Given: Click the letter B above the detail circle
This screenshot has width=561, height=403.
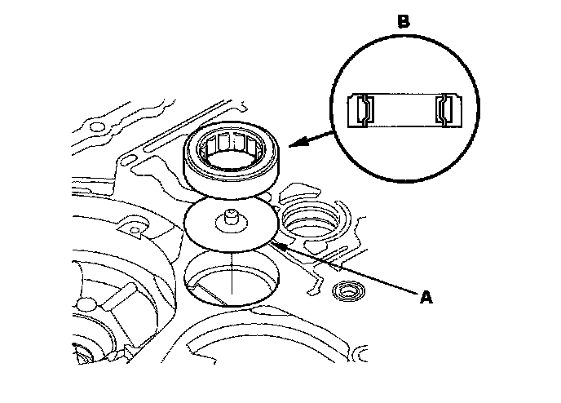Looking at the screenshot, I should click(403, 22).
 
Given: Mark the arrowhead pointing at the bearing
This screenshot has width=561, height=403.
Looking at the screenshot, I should click(291, 145).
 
